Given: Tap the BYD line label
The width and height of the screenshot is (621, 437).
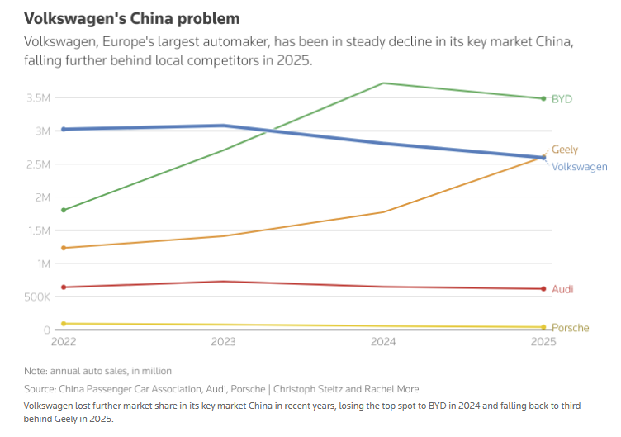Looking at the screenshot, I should click(562, 99).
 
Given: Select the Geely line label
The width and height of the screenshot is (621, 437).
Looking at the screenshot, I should click(565, 150).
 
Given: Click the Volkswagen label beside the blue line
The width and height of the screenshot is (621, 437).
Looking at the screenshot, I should click(579, 167).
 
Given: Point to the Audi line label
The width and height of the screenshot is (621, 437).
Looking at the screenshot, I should click(562, 289).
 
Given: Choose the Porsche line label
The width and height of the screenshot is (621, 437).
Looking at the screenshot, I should click(571, 328).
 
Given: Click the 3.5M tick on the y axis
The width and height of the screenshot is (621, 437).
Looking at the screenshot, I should click(39, 98).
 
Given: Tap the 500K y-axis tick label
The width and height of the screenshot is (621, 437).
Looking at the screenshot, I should click(37, 297).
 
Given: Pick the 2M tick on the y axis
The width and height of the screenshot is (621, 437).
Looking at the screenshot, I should click(41, 197).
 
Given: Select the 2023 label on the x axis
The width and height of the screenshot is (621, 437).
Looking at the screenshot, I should click(224, 341).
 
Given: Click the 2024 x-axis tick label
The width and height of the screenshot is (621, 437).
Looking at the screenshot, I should click(383, 341).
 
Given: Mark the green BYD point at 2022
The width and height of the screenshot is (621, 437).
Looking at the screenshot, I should click(64, 210).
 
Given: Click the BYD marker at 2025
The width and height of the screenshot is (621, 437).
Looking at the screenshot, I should click(543, 98).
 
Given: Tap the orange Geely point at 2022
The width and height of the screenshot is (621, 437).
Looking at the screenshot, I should click(64, 248).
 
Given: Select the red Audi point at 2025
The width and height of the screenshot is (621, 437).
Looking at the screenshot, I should click(543, 289).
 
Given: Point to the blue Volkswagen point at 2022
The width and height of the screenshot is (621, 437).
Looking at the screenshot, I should click(64, 129).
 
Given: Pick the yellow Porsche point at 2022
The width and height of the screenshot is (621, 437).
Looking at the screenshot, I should click(64, 324).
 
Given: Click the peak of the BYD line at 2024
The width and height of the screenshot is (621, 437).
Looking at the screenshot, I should click(383, 83).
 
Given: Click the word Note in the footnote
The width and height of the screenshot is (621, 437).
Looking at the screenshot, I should click(36, 371).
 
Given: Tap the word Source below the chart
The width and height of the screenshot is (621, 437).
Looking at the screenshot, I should click(40, 388).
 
